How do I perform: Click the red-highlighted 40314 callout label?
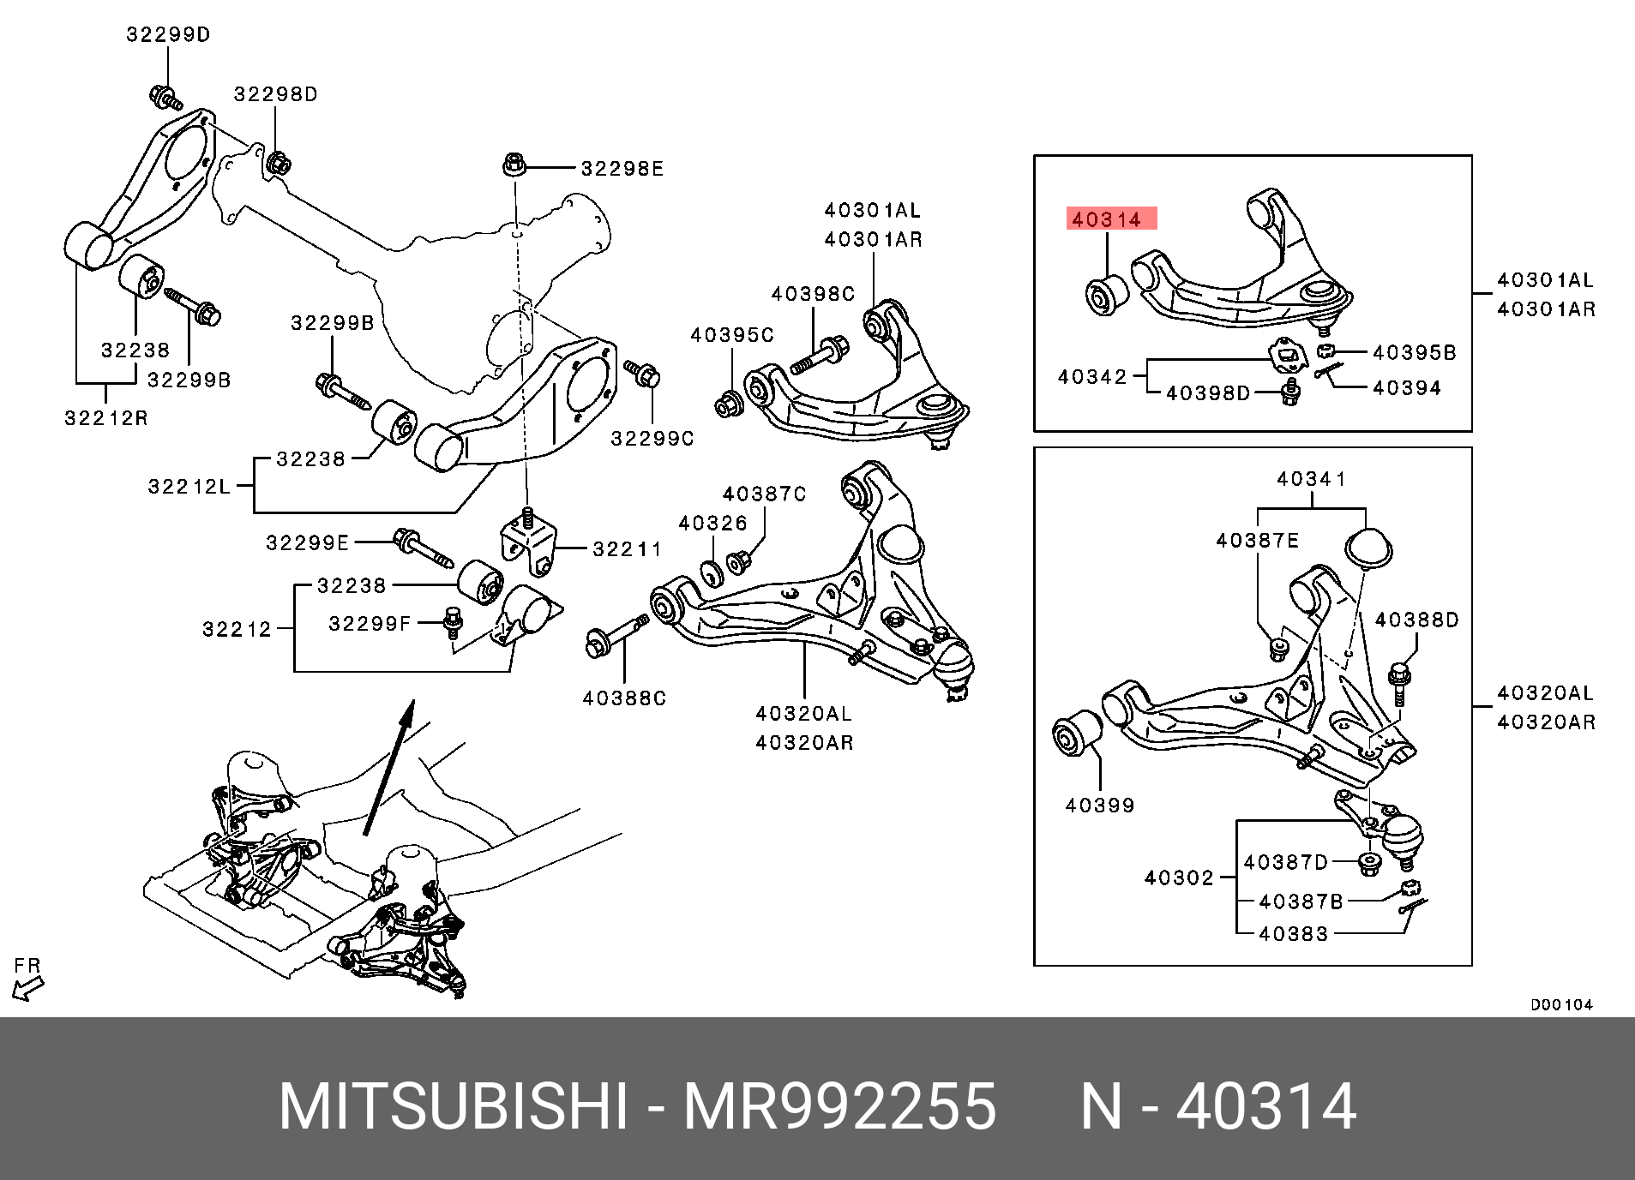1111,219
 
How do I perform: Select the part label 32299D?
168,35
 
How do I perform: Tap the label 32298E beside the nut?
622,169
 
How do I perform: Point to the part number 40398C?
813,294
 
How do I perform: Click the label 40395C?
732,335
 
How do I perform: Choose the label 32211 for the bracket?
627,548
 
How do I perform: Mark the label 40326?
712,523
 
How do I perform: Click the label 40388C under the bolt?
624,698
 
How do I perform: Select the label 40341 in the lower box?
1311,479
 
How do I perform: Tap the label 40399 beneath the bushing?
1100,805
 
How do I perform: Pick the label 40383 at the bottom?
1293,934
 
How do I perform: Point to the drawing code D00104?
1561,1004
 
